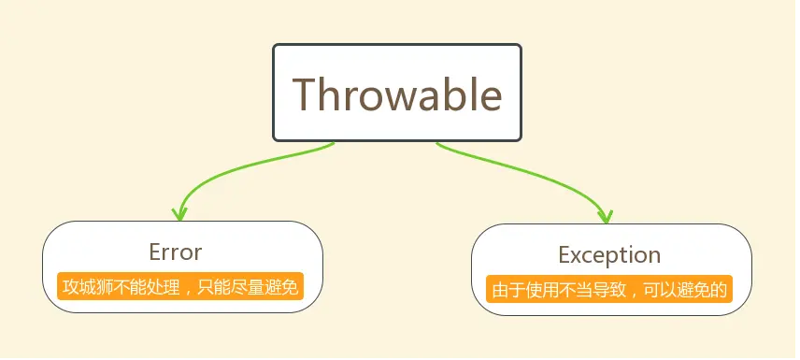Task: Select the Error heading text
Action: pos(176,252)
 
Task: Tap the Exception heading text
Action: pos(609,255)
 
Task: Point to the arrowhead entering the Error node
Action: pos(179,214)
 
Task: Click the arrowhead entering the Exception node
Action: pos(606,217)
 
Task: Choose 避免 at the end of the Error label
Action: pos(281,287)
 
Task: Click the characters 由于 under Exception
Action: pos(507,290)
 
